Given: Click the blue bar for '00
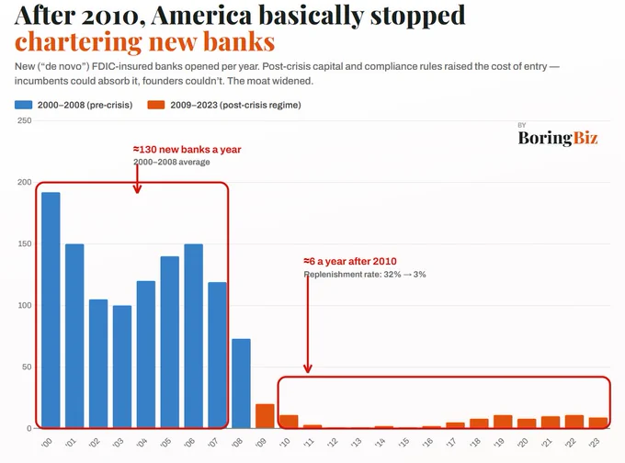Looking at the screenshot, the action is click(x=51, y=311).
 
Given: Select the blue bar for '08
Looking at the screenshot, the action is click(x=241, y=384).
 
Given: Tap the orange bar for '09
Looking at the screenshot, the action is click(x=265, y=416).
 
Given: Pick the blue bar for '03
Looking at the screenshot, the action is click(x=122, y=367).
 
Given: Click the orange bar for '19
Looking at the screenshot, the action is click(x=503, y=422).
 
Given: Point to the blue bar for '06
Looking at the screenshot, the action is click(x=194, y=336).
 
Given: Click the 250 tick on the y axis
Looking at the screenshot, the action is click(x=24, y=120).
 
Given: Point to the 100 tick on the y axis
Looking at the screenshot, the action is click(x=24, y=305).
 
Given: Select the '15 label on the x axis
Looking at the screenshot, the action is click(x=403, y=442).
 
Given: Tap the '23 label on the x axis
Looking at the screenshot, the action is click(x=594, y=442).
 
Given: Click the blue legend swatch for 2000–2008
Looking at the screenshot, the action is click(x=24, y=105).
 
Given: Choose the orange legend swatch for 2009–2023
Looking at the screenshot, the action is click(x=156, y=105).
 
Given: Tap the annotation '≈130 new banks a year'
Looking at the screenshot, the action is click(x=187, y=150).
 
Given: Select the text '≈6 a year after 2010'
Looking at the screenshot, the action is click(x=350, y=262).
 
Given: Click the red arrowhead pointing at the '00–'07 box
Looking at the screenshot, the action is click(x=137, y=188).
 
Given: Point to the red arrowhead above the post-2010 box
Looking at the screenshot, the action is click(x=308, y=368).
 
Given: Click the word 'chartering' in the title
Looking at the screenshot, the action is click(x=78, y=42).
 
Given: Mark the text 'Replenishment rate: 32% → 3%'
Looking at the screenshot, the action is click(x=365, y=274).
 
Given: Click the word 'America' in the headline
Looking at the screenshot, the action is click(x=201, y=15).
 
